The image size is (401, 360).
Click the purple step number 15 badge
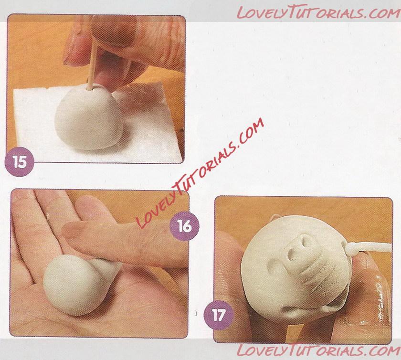[x=20, y=162]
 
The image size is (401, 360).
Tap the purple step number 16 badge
[x=184, y=226]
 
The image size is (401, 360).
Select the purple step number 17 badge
[x=218, y=315]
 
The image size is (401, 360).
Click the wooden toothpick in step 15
[x=92, y=64]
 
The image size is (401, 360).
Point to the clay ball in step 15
[x=88, y=116]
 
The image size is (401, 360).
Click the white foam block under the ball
[x=97, y=123]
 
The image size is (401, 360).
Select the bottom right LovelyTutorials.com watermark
[x=318, y=350]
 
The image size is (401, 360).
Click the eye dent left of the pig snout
[x=275, y=264]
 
